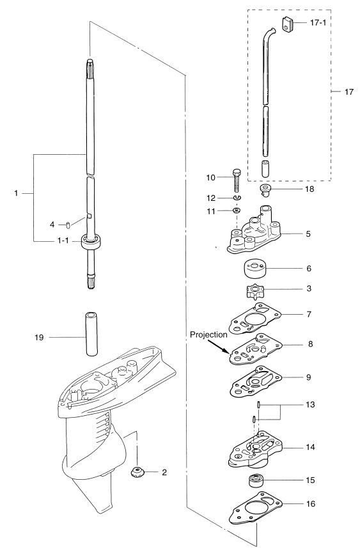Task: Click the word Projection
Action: [208, 335]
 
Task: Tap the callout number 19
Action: [39, 337]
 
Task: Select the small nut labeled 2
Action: [136, 472]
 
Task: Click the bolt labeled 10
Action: [237, 180]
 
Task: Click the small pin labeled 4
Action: [68, 225]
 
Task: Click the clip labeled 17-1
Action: [287, 24]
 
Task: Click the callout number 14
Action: [310, 447]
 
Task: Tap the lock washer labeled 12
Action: [237, 198]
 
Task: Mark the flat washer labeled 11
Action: [237, 210]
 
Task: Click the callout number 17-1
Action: [318, 23]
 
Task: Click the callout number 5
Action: [308, 233]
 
